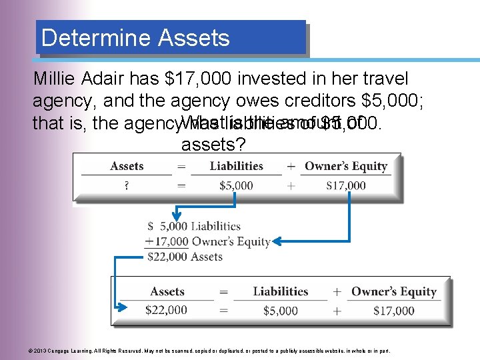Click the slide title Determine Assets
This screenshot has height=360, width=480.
click(x=135, y=38)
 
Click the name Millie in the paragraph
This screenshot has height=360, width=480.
click(x=56, y=79)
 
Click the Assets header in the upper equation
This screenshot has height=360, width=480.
click(x=127, y=166)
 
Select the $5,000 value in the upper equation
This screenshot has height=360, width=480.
click(x=236, y=185)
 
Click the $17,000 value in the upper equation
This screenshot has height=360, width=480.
click(x=345, y=185)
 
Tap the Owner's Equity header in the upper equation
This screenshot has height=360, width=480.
click(x=345, y=166)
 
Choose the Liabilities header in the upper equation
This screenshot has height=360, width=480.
click(x=236, y=166)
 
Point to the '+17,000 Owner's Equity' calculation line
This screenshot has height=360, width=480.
click(x=207, y=241)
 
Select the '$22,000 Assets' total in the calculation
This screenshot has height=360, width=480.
click(x=185, y=257)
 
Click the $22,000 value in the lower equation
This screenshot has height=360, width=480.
click(x=167, y=310)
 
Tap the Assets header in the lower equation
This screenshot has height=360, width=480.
click(x=167, y=291)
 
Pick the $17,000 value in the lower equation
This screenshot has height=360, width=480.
click(x=393, y=310)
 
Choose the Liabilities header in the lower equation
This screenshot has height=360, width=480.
click(x=280, y=291)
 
